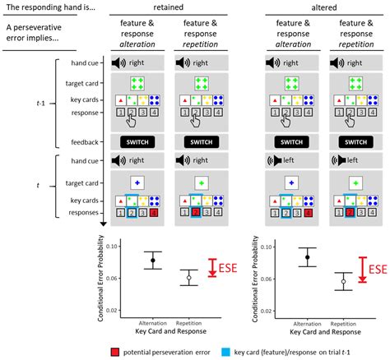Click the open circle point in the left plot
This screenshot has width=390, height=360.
tap(188, 278)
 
